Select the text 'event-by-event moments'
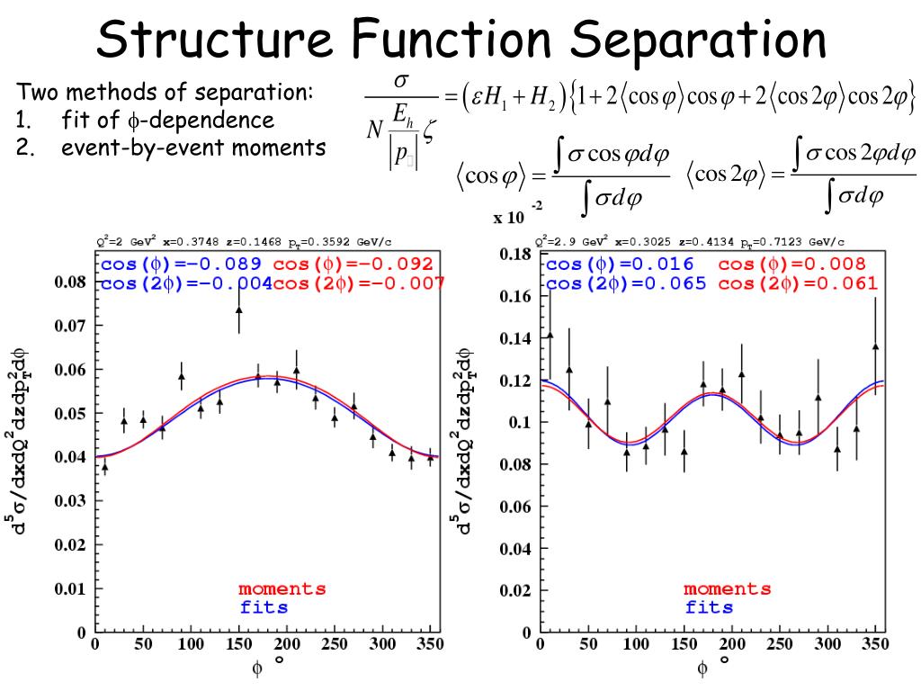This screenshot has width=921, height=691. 193,148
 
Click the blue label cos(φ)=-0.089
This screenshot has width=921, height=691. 180,265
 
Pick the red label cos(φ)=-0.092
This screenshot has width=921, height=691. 353,265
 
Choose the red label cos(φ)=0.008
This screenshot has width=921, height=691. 792,265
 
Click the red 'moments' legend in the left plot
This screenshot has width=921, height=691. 282,589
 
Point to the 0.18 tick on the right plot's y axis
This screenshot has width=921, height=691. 516,255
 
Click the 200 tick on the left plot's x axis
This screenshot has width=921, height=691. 286,645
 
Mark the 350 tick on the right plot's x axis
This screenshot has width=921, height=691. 873,645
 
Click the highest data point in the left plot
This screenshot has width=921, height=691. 238,310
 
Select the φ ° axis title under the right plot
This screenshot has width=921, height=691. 711,667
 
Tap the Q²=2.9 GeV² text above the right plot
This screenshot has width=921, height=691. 572,242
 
